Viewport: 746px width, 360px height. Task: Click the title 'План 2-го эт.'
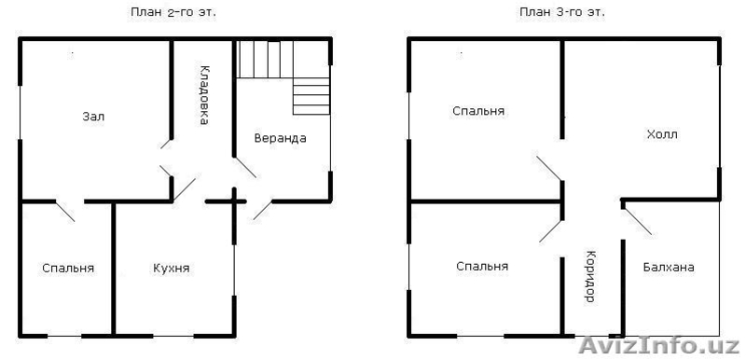(x=173, y=13)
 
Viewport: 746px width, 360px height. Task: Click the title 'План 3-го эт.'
(x=562, y=13)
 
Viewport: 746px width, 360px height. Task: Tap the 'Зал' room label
(x=93, y=117)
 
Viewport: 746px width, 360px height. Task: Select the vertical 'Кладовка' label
(x=203, y=95)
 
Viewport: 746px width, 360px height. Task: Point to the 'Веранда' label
(x=281, y=138)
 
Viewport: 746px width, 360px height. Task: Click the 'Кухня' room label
(x=172, y=269)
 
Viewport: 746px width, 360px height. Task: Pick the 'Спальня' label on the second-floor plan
(x=68, y=269)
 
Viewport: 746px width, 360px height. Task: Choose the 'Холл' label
(x=662, y=134)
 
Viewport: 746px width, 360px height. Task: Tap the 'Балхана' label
(x=669, y=268)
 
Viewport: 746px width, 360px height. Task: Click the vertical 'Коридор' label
(x=589, y=276)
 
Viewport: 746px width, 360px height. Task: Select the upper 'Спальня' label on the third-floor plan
(x=478, y=111)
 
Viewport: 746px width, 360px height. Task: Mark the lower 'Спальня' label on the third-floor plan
(x=482, y=267)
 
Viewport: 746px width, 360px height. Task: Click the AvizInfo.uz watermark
(x=659, y=345)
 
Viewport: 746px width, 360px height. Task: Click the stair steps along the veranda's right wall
(x=311, y=96)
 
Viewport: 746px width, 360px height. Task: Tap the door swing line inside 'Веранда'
(x=245, y=167)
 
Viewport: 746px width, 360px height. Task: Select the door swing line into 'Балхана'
(x=638, y=221)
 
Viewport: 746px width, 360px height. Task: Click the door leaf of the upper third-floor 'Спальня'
(x=549, y=169)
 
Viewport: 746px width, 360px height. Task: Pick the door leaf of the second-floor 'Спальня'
(x=65, y=212)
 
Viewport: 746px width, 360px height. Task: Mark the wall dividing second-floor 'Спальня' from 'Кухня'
(x=113, y=270)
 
